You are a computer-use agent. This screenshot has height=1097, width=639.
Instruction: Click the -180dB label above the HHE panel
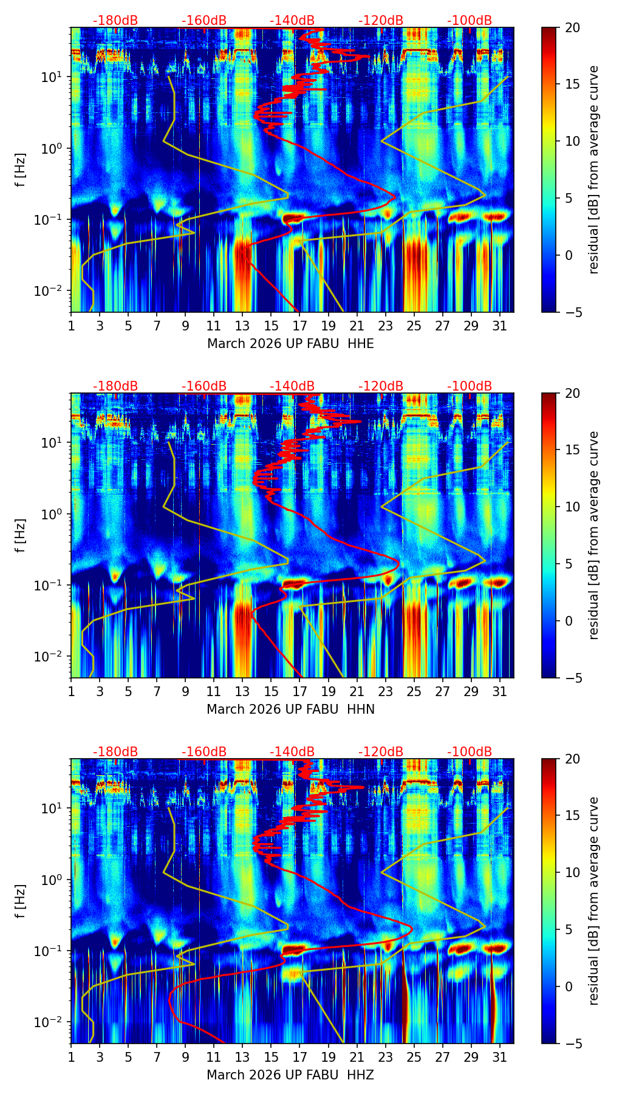click(115, 21)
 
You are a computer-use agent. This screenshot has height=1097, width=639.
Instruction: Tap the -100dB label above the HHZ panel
click(470, 752)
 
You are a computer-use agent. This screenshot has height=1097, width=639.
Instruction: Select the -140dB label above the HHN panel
click(292, 386)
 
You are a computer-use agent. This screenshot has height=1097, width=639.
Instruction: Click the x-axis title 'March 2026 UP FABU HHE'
click(290, 344)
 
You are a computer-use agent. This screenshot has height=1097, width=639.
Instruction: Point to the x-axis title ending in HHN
click(290, 709)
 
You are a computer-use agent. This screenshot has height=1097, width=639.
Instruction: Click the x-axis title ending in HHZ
click(290, 1075)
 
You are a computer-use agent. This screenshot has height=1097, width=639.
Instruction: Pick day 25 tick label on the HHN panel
click(414, 691)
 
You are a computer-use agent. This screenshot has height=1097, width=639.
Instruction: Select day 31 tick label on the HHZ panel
click(499, 1057)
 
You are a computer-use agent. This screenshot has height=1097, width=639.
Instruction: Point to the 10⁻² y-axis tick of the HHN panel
click(53, 657)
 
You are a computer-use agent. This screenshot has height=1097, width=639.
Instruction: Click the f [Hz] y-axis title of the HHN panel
click(21, 535)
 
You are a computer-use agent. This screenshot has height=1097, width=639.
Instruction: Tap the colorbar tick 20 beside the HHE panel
click(573, 28)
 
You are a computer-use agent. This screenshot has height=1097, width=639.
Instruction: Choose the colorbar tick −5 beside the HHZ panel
click(573, 1044)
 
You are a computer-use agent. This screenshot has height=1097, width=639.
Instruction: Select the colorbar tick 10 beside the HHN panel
click(573, 507)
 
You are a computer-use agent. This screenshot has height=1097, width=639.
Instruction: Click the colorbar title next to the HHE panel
click(593, 169)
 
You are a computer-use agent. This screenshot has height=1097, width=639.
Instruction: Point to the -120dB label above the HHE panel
click(381, 21)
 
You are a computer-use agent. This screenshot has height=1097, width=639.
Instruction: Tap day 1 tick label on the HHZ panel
click(71, 1057)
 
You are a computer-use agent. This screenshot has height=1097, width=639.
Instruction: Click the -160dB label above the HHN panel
click(204, 386)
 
